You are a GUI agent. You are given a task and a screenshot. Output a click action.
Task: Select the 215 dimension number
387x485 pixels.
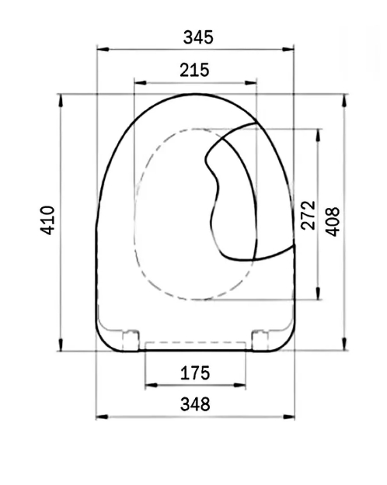[x=195, y=70]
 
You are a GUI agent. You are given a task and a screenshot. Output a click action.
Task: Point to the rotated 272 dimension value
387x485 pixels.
[x=308, y=215]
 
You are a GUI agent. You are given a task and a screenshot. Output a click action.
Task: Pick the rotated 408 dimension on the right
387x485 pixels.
[x=332, y=220]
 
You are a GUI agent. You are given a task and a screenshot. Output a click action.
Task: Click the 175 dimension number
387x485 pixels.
[x=195, y=373]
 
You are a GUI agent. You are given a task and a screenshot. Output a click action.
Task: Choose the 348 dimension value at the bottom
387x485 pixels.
[x=195, y=404]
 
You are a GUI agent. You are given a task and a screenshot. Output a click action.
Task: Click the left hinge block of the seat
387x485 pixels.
[x=131, y=339]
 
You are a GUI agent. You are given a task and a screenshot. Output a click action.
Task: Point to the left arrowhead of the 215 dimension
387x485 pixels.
[x=138, y=81]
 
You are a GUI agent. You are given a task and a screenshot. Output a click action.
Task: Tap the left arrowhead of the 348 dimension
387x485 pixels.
[x=99, y=417]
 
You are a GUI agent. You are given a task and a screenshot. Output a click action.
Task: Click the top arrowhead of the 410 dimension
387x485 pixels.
[x=61, y=97]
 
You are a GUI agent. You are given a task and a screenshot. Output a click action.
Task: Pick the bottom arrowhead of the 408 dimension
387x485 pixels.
[x=345, y=347]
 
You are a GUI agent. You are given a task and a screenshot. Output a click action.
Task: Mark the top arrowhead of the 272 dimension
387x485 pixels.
[x=317, y=132]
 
